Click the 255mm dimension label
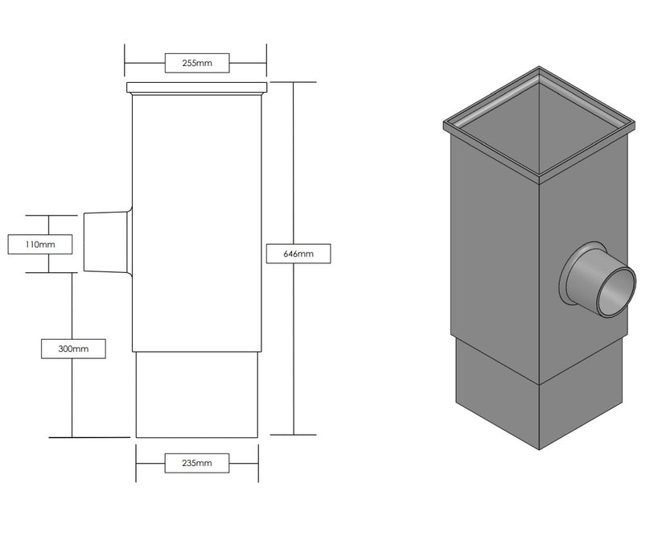click(197, 62)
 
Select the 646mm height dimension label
click(298, 254)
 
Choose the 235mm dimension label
click(197, 463)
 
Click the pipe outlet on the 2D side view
click(106, 242)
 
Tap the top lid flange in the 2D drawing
click(196, 87)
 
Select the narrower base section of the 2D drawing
click(197, 394)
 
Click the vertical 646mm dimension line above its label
click(294, 161)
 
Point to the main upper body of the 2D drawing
click(197, 217)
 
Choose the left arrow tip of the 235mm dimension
click(138, 463)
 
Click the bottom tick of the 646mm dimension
click(294, 434)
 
